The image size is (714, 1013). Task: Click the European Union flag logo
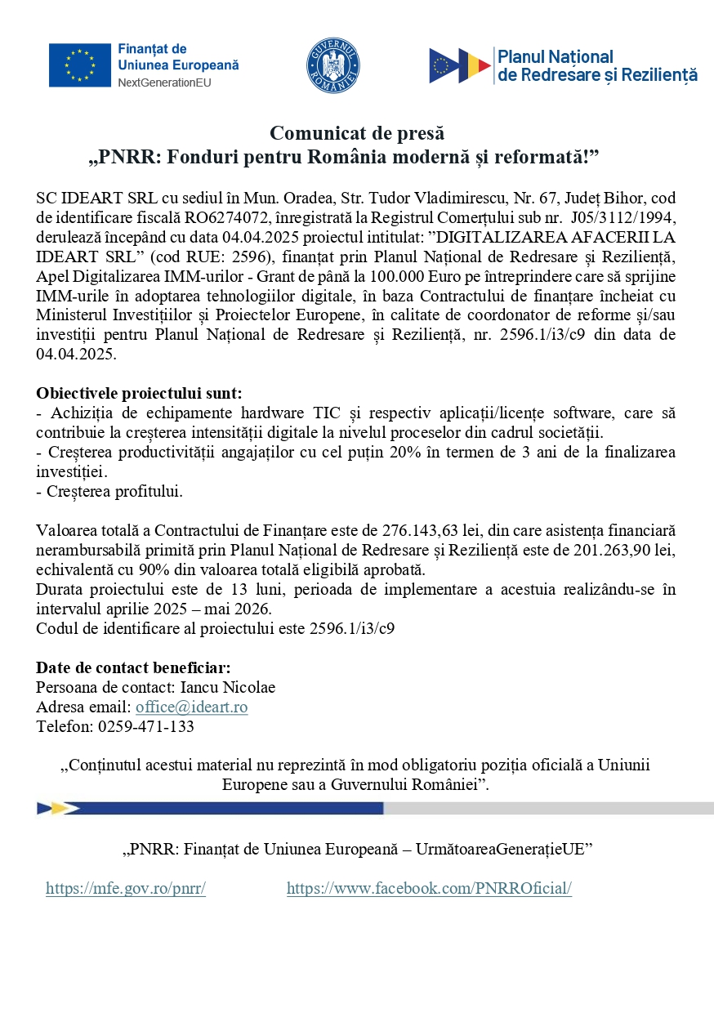coord(79,65)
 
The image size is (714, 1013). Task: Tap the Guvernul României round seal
coord(333,65)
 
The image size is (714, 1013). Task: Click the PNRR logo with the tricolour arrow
coord(460,65)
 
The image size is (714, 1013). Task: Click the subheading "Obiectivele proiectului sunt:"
coord(139,393)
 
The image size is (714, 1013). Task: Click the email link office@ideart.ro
coord(192,707)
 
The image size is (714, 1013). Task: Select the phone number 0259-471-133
coord(146,726)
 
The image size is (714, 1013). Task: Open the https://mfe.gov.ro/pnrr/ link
coord(126,889)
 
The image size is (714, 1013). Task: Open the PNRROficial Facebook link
coord(429,889)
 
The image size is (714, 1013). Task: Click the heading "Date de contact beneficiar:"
coord(133,667)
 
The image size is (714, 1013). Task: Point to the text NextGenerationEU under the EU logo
coord(167,83)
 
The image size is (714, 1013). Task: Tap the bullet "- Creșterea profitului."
coord(109,492)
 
